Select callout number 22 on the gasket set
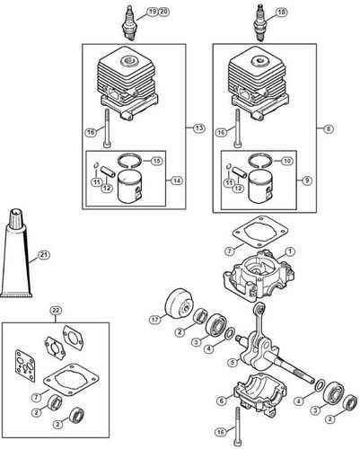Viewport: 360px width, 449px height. click(56, 311)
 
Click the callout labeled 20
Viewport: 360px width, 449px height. click(162, 11)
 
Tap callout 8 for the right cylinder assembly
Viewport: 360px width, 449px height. click(329, 129)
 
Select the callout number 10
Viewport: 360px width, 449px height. click(287, 162)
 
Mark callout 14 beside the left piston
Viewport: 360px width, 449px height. click(177, 180)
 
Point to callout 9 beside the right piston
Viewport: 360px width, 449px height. click(306, 180)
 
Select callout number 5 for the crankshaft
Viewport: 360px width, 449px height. click(232, 363)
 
